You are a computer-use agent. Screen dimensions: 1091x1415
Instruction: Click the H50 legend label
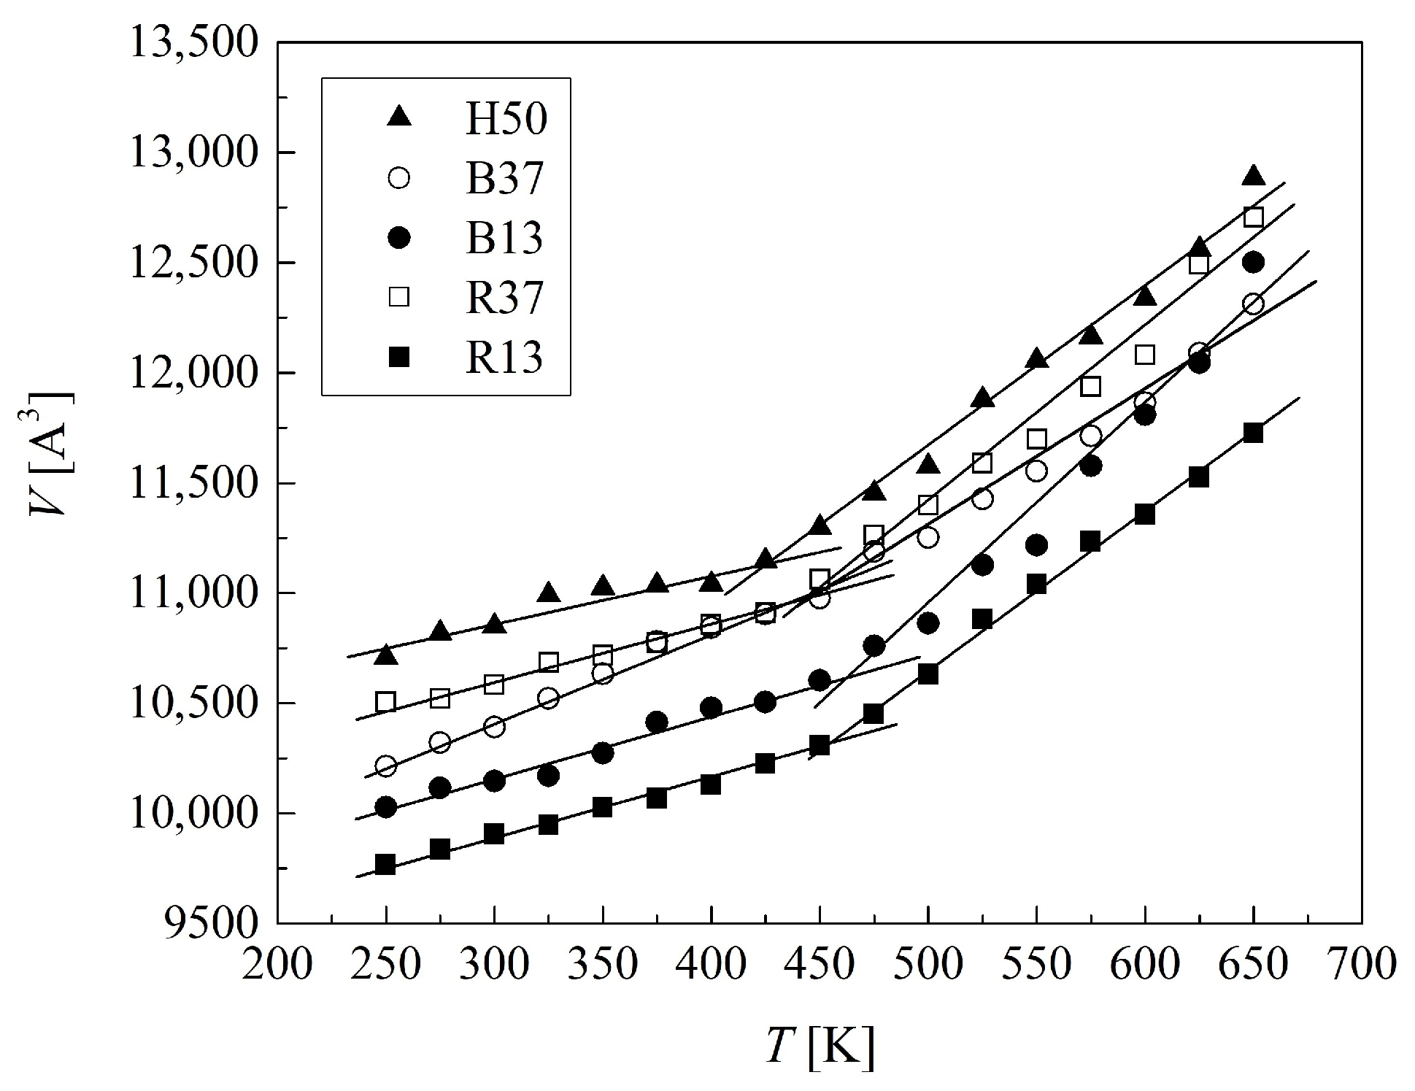click(506, 119)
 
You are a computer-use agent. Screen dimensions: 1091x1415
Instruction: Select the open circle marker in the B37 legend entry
click(399, 179)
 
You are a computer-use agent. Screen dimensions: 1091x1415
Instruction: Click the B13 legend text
click(505, 239)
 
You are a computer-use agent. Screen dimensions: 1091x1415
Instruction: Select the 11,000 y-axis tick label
click(193, 593)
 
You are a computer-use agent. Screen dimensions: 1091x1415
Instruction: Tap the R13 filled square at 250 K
click(385, 865)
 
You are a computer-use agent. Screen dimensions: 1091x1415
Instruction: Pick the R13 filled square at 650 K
click(1253, 433)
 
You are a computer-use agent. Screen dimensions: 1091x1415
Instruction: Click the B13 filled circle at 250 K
click(386, 807)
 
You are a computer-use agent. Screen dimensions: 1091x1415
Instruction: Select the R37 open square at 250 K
click(385, 702)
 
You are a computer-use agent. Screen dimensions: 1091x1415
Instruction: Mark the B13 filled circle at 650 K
click(1253, 263)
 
